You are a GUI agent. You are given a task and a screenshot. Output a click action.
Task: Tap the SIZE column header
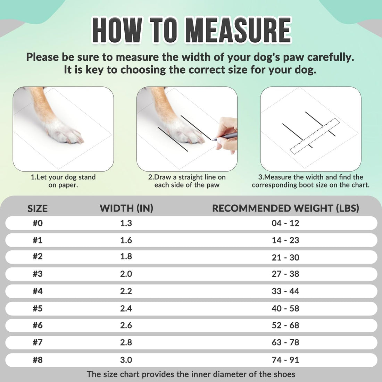[x=38, y=208]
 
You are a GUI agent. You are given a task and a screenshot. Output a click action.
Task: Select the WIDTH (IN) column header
[x=126, y=208]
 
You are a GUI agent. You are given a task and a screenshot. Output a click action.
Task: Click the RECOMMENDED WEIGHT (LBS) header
[x=285, y=208]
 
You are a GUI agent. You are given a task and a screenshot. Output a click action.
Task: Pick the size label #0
[x=38, y=223]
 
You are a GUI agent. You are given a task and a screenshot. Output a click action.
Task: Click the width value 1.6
[x=126, y=240]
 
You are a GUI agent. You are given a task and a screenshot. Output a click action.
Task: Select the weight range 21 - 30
[x=285, y=257]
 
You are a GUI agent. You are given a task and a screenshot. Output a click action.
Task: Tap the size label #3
[x=38, y=274]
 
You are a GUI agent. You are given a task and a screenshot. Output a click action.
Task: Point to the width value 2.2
[x=126, y=291]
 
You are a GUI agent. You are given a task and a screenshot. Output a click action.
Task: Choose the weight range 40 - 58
[x=285, y=308]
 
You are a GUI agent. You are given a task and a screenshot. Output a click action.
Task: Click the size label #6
[x=38, y=325]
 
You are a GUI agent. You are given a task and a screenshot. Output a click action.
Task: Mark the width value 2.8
[x=126, y=342]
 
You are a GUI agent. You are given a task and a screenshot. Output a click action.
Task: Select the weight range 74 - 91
[x=285, y=360]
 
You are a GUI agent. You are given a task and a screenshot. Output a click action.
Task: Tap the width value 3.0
[x=126, y=360]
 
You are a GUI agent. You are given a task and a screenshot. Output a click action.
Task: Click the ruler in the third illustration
[x=315, y=136]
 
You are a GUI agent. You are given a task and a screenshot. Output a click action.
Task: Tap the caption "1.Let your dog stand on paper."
[x=63, y=181]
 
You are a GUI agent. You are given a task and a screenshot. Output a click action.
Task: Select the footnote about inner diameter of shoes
[x=191, y=374]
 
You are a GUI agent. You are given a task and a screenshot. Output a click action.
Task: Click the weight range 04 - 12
[x=285, y=223]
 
